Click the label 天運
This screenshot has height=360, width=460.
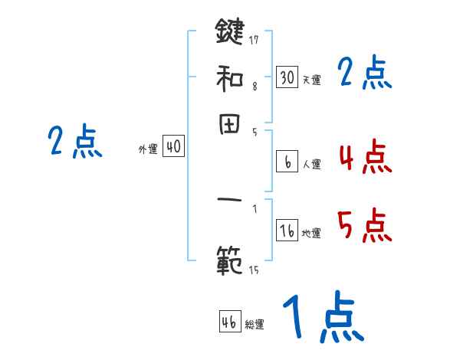[311, 80]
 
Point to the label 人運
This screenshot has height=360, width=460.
[311, 164]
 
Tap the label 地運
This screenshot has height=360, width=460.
[311, 234]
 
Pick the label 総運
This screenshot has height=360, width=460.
[255, 324]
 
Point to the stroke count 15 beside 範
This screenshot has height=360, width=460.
[254, 270]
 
